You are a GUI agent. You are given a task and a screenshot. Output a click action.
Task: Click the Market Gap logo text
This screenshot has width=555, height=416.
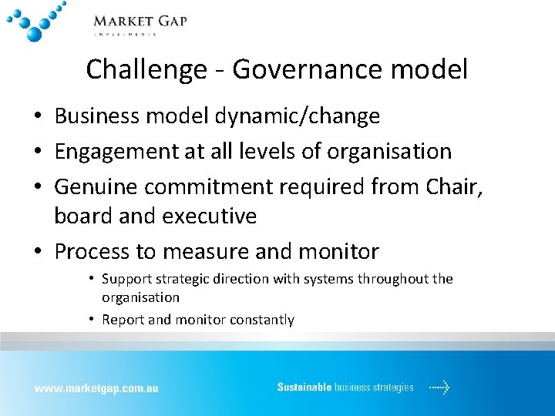coord(140,22)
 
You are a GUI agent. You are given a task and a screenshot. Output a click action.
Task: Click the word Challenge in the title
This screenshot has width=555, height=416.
coord(144,70)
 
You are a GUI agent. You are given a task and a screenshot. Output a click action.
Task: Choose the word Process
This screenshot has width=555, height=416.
coord(96,251)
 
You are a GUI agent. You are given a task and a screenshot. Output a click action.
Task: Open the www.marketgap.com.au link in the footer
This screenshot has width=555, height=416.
coord(96,388)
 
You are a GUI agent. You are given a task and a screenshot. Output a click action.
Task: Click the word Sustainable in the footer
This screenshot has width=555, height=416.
coord(304,387)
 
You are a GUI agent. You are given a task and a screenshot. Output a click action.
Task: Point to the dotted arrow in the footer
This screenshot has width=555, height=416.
coord(439,387)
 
